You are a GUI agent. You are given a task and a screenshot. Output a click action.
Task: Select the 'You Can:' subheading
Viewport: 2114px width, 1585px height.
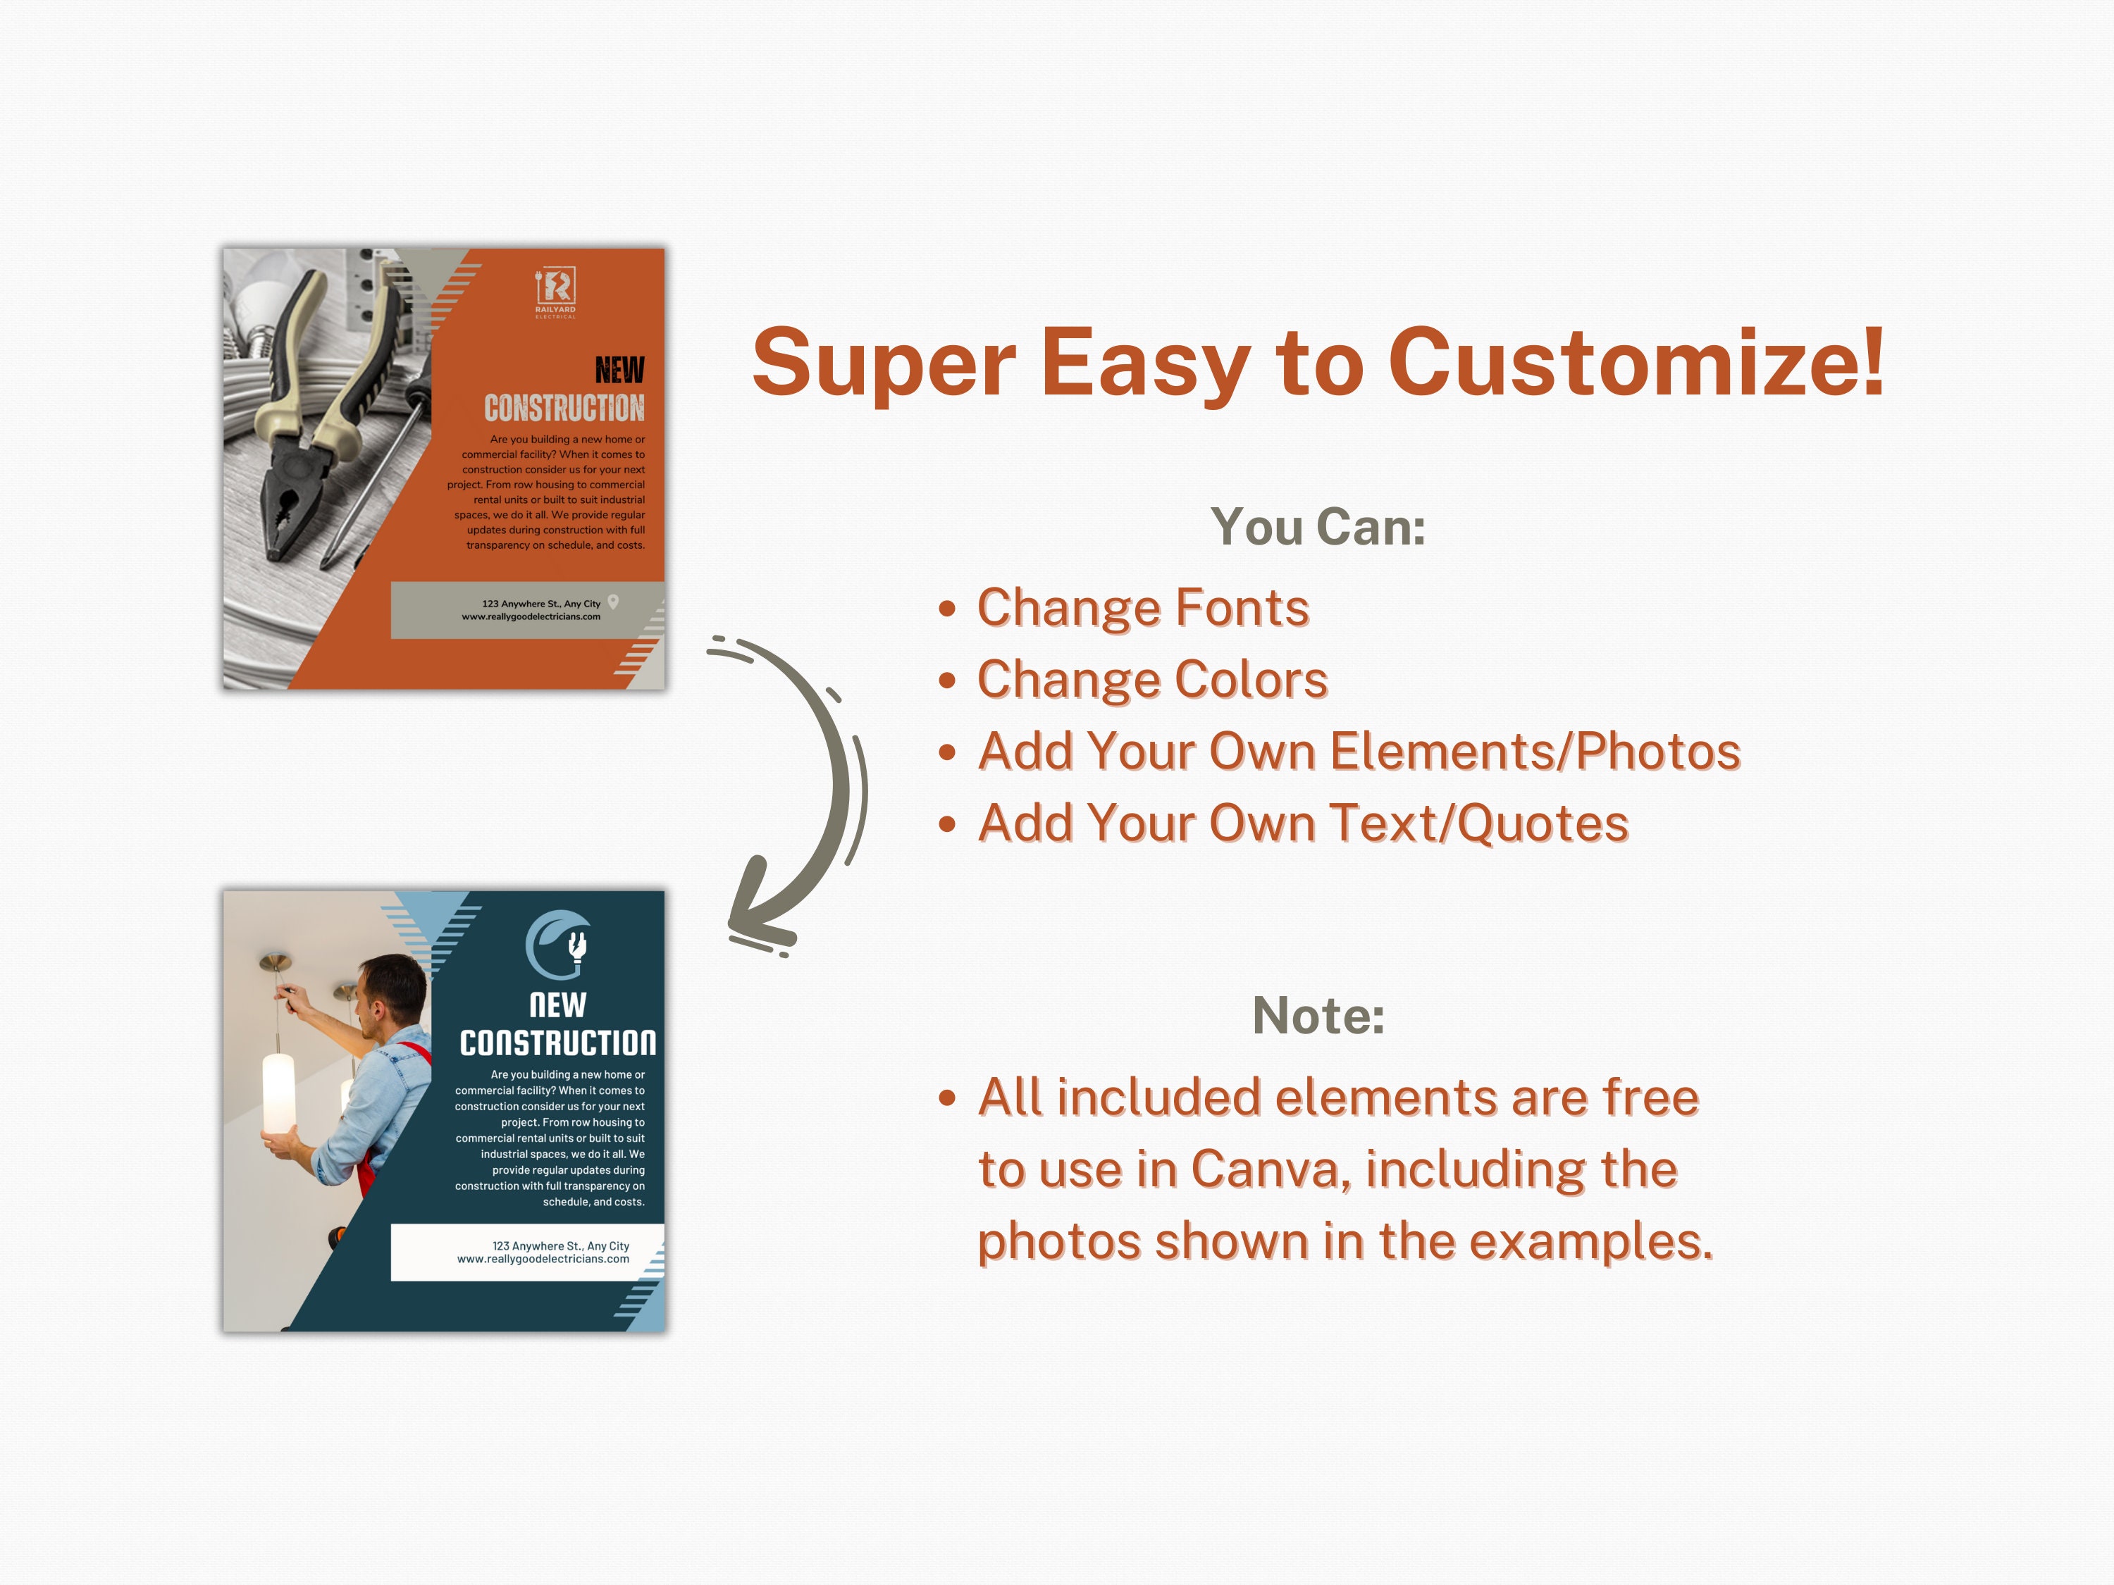click(1318, 526)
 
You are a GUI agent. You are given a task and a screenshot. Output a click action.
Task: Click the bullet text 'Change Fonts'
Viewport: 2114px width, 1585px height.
click(1142, 608)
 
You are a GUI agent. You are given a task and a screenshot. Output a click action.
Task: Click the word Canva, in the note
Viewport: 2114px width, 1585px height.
click(1271, 1169)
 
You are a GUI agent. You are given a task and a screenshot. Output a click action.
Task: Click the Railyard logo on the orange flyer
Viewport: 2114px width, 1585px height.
click(555, 290)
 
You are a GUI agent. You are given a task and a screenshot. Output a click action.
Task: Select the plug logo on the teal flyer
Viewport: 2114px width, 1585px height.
click(558, 945)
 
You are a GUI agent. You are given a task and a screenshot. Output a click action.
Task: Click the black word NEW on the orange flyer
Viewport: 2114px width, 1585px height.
click(619, 370)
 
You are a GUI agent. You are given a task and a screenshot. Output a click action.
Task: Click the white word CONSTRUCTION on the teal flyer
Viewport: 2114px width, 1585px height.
click(558, 1043)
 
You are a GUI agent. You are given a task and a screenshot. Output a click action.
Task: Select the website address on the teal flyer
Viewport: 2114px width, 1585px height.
click(543, 1260)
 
